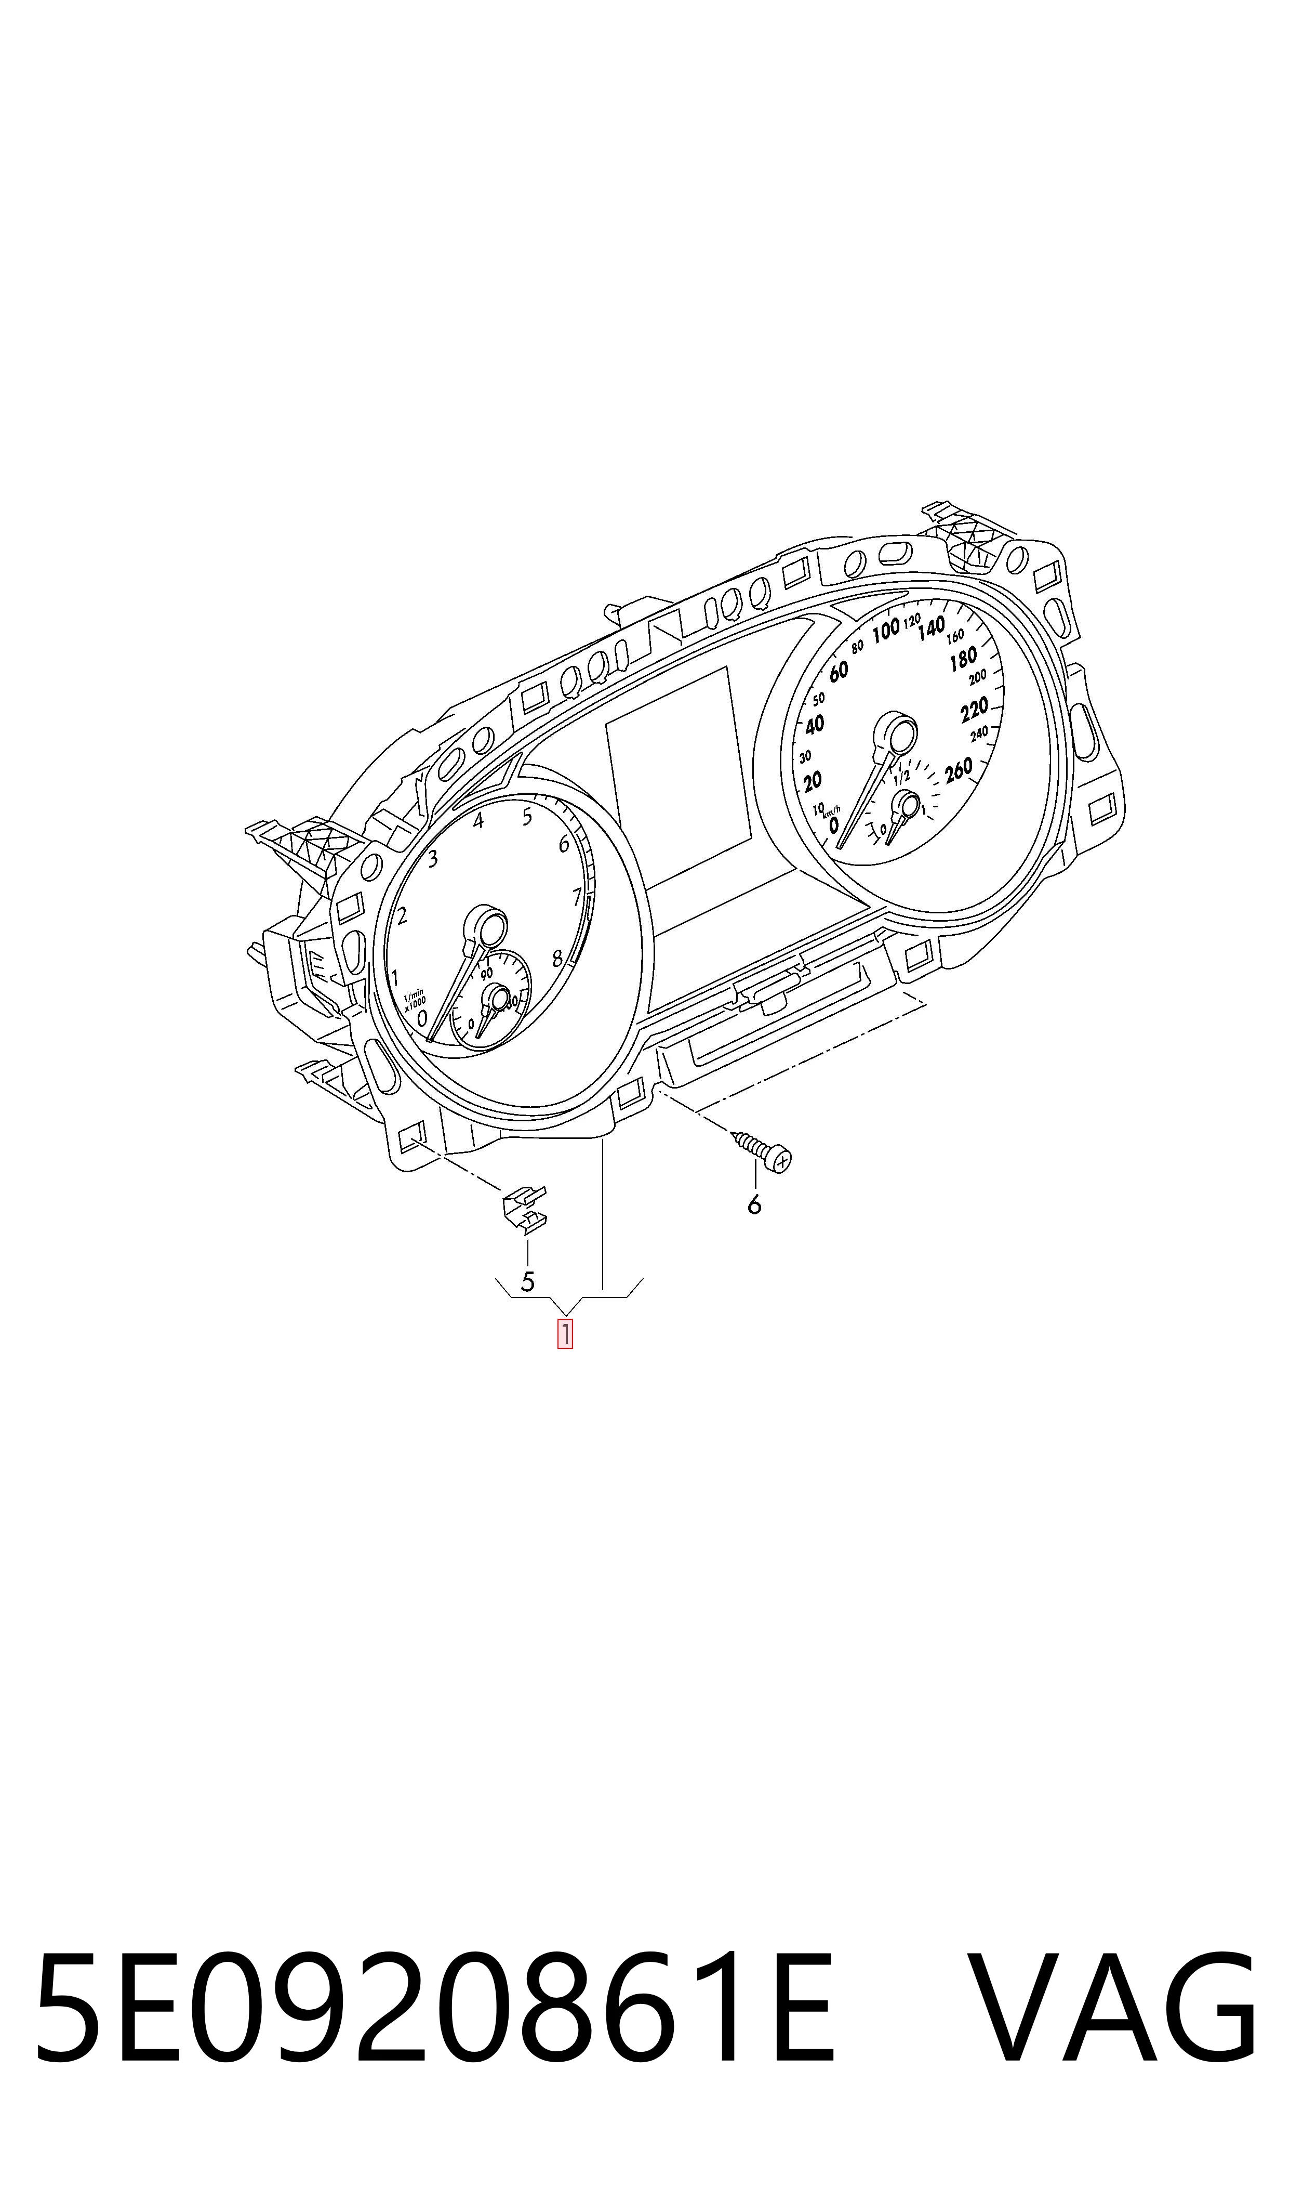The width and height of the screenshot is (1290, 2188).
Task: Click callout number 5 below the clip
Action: pyautogui.click(x=527, y=1281)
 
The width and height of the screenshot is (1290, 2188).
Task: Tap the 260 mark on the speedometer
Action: pyautogui.click(x=958, y=770)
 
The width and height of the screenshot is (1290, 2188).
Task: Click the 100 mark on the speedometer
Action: pyautogui.click(x=886, y=631)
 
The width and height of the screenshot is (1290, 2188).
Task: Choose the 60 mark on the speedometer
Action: pyautogui.click(x=838, y=671)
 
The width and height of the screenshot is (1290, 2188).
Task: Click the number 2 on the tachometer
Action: pyautogui.click(x=402, y=915)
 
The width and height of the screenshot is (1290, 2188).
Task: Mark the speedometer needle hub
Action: pyautogui.click(x=895, y=733)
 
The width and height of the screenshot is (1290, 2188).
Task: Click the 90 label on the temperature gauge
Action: pyautogui.click(x=487, y=973)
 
